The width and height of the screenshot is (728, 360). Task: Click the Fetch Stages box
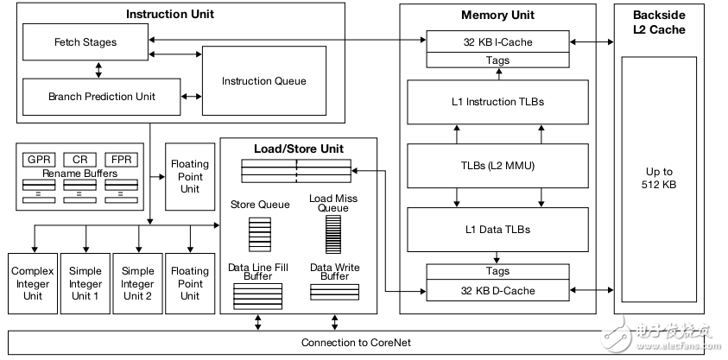85,41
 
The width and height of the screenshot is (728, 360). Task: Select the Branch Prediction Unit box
102,97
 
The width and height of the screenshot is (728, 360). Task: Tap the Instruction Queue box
263,81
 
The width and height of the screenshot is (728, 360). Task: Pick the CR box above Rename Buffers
79,160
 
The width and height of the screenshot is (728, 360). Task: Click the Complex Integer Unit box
33,283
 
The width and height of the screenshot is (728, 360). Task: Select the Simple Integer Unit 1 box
85,283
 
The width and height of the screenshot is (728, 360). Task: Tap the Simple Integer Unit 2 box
137,283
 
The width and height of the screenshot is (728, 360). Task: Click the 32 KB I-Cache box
497,41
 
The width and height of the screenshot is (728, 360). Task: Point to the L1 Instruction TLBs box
497,102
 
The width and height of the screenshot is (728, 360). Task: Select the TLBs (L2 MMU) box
497,165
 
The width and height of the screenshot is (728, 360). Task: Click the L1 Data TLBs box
497,229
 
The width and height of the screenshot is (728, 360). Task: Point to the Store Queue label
259,205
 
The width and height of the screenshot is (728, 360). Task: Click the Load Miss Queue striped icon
332,233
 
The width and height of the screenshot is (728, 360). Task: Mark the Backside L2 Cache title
659,22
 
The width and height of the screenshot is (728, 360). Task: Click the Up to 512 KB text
659,179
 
